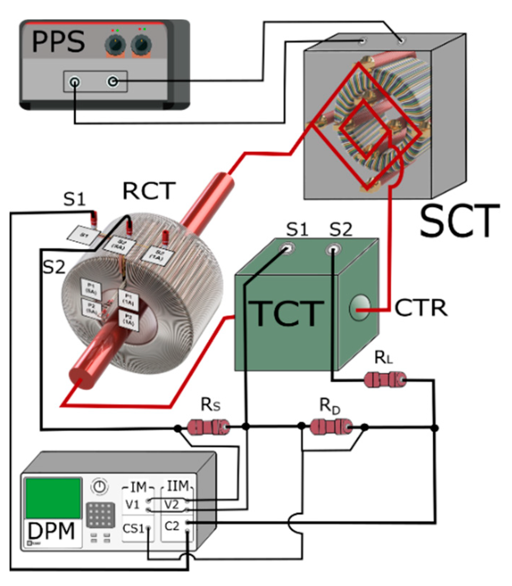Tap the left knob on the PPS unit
pos(115,45)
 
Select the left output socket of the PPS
pos(75,83)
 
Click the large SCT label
pos(459,221)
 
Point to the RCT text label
pos(149,191)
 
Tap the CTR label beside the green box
pos(421,308)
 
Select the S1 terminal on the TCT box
pos(288,248)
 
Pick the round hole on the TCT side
pos(359,307)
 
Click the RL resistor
pos(385,380)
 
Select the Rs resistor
pos(209,427)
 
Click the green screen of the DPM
pos(53,498)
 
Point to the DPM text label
pos(51,531)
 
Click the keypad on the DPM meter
pos(101,515)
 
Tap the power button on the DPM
pos(100,486)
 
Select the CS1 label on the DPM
pos(133,528)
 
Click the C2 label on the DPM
pos(172,526)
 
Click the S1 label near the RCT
pos(74,199)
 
